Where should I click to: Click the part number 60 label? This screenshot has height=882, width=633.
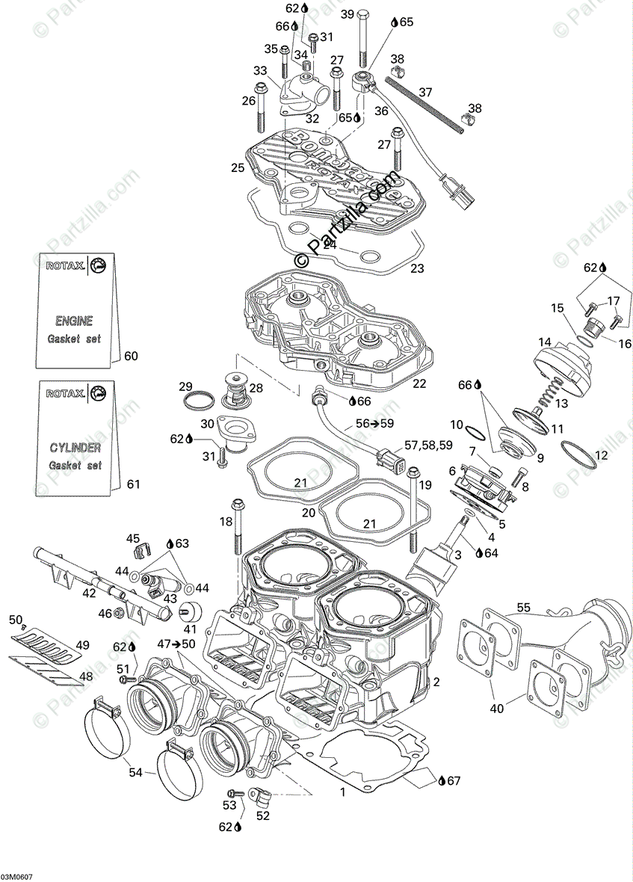[131, 356]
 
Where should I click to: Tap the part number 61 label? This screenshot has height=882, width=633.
[132, 484]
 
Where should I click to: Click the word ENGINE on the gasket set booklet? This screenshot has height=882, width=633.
[74, 321]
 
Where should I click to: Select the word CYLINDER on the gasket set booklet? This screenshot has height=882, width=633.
[75, 448]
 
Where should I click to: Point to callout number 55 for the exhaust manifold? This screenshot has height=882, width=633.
[523, 587]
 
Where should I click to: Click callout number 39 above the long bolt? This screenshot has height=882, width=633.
[347, 15]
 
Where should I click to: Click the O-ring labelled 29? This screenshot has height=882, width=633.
[196, 400]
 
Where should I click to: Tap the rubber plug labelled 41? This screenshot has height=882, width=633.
[195, 611]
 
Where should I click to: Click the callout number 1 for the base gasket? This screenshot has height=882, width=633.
[342, 791]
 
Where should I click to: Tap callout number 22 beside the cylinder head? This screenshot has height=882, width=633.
[419, 383]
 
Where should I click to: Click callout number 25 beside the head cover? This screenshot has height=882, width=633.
[238, 168]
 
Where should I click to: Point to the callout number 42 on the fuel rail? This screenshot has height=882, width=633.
[89, 593]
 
